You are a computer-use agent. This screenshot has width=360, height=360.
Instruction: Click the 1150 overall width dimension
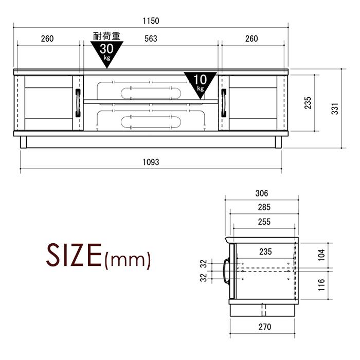point(151,21)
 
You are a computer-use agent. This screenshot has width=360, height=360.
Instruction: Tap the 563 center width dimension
point(151,39)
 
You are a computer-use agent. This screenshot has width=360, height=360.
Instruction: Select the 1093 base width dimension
point(151,163)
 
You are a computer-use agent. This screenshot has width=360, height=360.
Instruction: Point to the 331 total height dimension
point(335,109)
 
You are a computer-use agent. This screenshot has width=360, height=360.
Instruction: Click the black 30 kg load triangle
point(107,52)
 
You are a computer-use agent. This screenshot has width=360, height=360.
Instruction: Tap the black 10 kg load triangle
point(200,83)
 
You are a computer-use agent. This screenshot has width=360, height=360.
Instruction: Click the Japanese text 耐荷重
point(107,36)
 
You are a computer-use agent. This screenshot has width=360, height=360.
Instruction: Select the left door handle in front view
point(78,103)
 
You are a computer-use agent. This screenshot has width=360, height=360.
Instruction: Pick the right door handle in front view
point(224,103)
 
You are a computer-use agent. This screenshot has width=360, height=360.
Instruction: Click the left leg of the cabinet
point(24,142)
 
